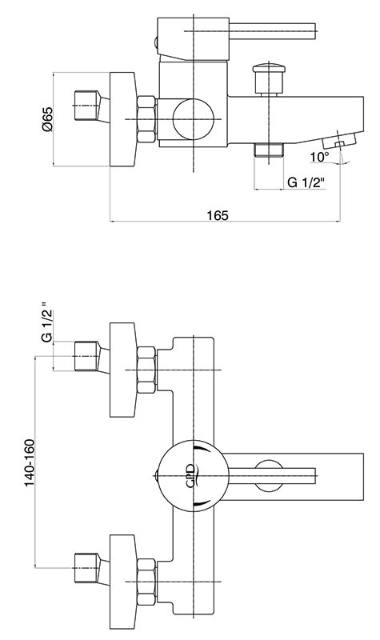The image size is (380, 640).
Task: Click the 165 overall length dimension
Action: (218, 215)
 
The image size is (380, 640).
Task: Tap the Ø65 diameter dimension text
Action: (47, 118)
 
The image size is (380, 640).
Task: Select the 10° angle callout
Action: (319, 157)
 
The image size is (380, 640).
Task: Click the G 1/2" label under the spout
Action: (306, 182)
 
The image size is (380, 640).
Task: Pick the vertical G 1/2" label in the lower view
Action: (48, 322)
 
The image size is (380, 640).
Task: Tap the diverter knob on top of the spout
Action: (268, 78)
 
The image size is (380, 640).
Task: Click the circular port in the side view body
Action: (193, 118)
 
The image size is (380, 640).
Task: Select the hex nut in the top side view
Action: (146, 119)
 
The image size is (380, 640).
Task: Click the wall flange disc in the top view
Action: (123, 119)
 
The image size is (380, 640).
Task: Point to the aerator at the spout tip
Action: (338, 141)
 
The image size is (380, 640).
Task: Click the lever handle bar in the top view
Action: (272, 31)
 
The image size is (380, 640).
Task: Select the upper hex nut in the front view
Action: (146, 370)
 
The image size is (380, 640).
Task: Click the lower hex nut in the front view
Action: (146, 582)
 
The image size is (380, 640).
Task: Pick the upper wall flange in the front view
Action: (123, 370)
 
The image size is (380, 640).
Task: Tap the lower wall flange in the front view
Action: (123, 582)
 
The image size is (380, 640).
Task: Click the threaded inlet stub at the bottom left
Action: (87, 568)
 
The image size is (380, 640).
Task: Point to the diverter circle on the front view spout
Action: (268, 475)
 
